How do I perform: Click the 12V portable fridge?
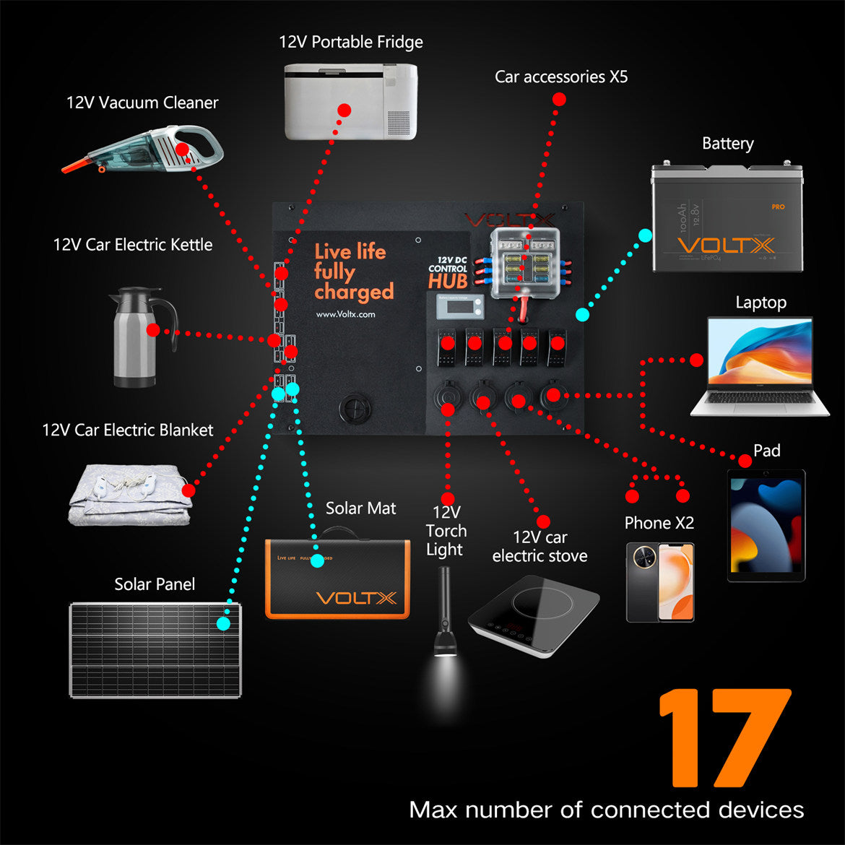[x=350, y=101]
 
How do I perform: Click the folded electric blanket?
[x=130, y=495]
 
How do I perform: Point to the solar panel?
[x=155, y=650]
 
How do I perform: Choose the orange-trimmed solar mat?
[x=337, y=578]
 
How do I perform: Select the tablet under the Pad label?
[x=766, y=525]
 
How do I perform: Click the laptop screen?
[x=760, y=352]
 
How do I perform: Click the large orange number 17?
[x=724, y=738]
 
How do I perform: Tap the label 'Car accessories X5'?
[x=561, y=77]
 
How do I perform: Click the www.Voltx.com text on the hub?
[x=345, y=314]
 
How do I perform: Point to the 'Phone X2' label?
[x=659, y=523]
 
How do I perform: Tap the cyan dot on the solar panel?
[x=223, y=623]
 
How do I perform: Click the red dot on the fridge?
[x=344, y=110]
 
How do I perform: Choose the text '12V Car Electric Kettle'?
[x=133, y=245]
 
